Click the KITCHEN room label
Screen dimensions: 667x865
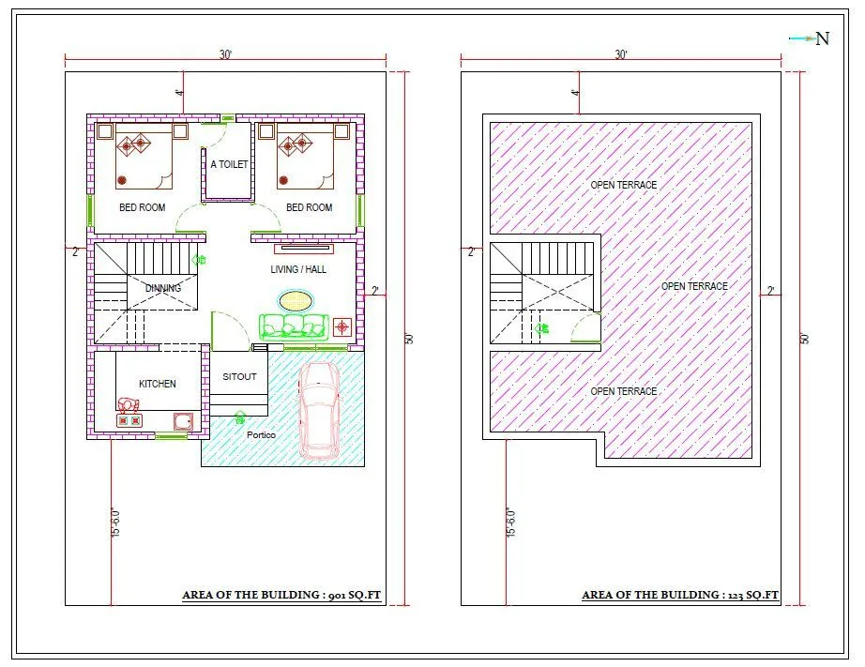[x=158, y=384]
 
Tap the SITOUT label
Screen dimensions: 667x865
[x=239, y=377]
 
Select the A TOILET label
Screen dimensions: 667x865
[x=229, y=164]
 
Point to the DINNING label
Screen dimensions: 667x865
[x=163, y=288]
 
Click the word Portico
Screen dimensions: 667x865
[x=261, y=435]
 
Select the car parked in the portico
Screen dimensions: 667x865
[x=320, y=410]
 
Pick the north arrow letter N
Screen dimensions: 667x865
[x=822, y=38]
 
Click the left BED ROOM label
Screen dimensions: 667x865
[x=142, y=207]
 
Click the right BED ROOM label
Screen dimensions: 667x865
[x=309, y=207]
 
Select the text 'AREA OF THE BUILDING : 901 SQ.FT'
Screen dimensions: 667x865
[x=281, y=595]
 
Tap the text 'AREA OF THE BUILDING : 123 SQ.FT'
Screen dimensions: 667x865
[x=680, y=595]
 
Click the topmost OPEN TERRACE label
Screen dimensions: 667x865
[x=623, y=185]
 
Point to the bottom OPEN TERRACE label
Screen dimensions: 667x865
[x=623, y=391]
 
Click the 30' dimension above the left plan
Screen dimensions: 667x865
[x=225, y=55]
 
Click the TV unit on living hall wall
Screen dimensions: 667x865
[x=303, y=249]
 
